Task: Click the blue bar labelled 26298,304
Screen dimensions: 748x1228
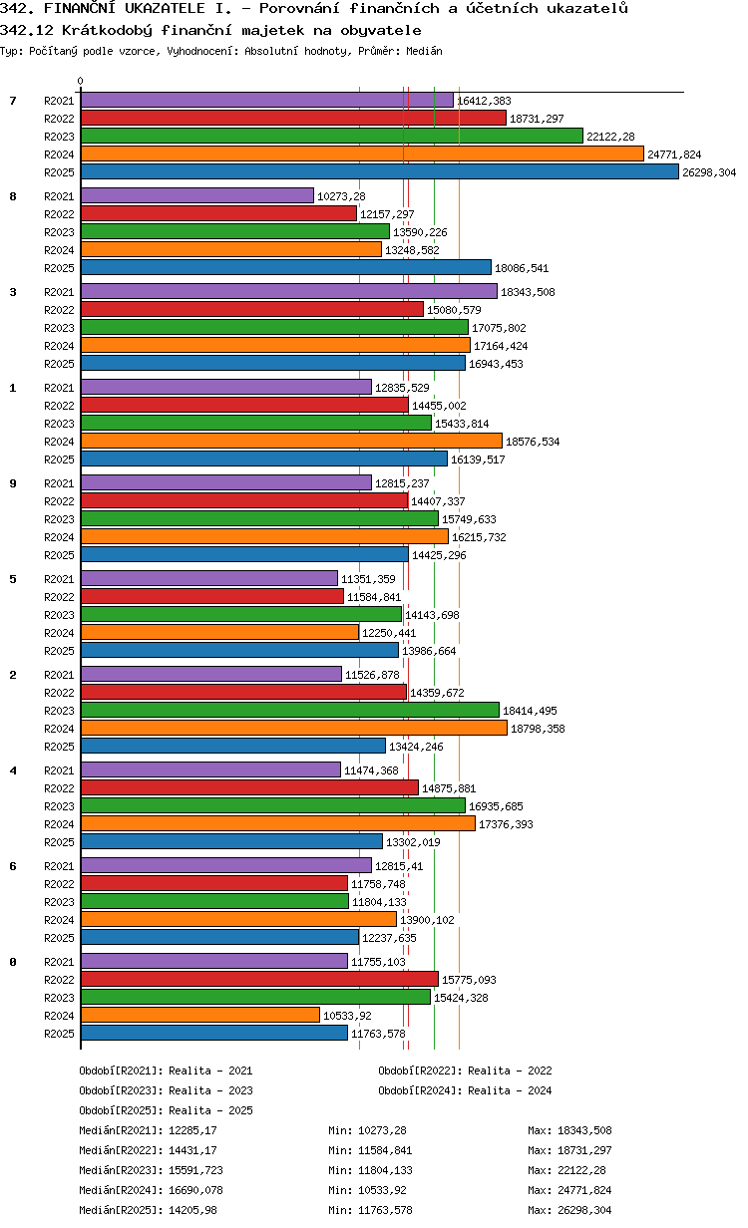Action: click(379, 172)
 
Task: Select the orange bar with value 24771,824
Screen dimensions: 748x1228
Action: click(362, 154)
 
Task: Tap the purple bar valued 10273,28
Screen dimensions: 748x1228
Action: click(197, 195)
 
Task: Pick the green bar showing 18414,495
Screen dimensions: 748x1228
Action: click(290, 710)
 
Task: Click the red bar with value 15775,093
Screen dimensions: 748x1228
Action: click(259, 979)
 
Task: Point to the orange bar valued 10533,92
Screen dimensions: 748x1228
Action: click(200, 1015)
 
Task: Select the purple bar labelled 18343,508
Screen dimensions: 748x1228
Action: click(289, 292)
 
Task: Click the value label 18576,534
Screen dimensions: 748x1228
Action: click(533, 442)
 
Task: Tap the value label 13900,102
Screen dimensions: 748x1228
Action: click(427, 920)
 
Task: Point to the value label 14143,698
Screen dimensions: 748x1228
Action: click(432, 616)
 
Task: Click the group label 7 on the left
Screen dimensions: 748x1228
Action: click(13, 101)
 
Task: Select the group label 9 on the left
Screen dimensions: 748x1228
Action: click(13, 483)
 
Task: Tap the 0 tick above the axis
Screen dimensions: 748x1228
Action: click(81, 81)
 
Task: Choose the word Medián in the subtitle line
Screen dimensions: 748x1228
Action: click(424, 51)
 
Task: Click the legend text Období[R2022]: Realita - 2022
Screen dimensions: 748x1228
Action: click(465, 1071)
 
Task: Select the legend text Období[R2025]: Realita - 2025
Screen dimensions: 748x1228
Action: click(167, 1110)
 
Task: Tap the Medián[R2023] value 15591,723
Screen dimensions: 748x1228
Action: click(195, 1170)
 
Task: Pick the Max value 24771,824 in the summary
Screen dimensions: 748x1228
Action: click(584, 1190)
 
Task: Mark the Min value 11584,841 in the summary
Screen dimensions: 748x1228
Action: click(385, 1150)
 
